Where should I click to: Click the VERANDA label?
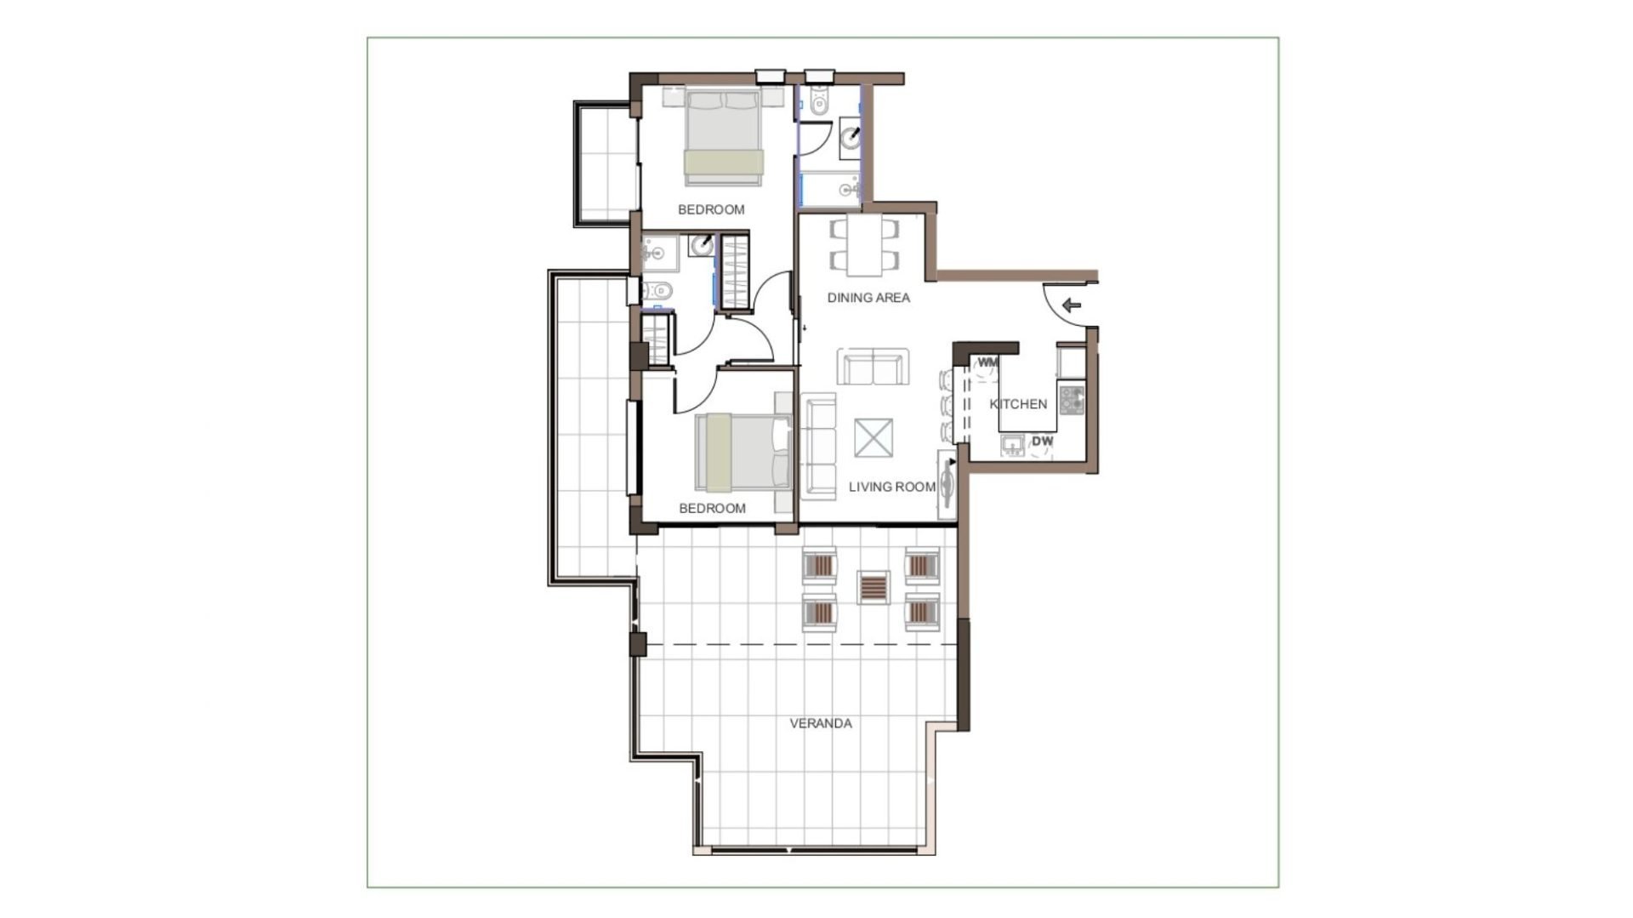(821, 724)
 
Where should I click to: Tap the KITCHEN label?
(1018, 404)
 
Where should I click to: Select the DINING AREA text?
(868, 298)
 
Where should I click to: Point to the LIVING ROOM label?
(892, 487)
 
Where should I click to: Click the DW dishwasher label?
(1043, 442)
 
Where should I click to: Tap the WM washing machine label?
(987, 362)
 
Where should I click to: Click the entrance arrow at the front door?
(1072, 304)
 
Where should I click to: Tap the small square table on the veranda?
(873, 587)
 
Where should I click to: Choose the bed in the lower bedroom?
(743, 453)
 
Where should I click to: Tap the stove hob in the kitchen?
(1072, 401)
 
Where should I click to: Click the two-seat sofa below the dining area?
(873, 366)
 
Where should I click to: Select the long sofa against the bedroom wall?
(821, 446)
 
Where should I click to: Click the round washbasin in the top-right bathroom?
(851, 134)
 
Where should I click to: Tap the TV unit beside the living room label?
(947, 484)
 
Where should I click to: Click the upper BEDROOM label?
(711, 209)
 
